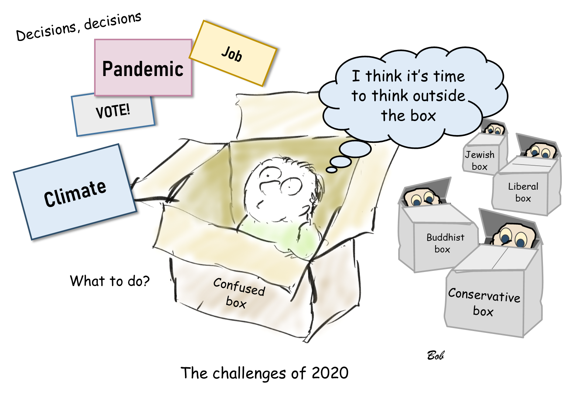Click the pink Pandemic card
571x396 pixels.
click(x=143, y=68)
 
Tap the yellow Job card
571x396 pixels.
click(x=233, y=54)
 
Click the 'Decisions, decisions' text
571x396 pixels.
click(x=79, y=26)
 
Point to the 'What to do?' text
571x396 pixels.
click(x=110, y=281)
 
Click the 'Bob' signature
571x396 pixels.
click(x=436, y=355)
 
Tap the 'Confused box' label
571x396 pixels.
click(x=238, y=293)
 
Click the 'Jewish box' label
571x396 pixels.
click(x=479, y=160)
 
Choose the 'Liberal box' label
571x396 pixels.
click(x=523, y=192)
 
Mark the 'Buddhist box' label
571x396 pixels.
click(x=445, y=243)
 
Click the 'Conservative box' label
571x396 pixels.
click(x=484, y=302)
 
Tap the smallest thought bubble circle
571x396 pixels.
click(x=332, y=170)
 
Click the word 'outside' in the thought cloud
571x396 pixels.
click(x=439, y=96)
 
